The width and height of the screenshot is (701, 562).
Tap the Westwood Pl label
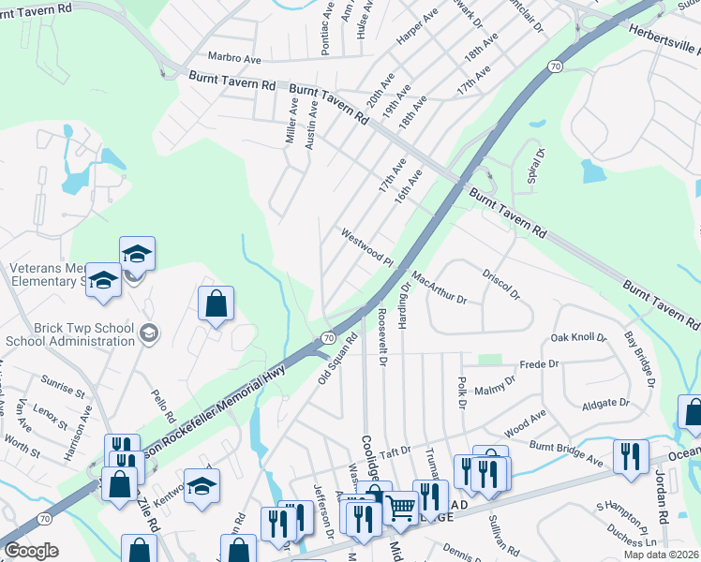[366, 247]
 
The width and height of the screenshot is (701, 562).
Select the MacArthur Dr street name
[438, 288]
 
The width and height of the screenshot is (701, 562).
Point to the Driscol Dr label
[501, 284]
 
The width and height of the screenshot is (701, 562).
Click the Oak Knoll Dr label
[578, 337]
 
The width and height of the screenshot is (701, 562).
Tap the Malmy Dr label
[496, 390]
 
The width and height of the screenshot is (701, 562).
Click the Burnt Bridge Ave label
[566, 453]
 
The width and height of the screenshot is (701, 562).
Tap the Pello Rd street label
[164, 406]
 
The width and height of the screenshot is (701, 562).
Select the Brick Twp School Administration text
[70, 334]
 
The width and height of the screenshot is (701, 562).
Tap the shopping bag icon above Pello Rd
[216, 303]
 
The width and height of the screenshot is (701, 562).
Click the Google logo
[31, 550]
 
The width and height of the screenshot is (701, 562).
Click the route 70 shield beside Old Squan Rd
[328, 336]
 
